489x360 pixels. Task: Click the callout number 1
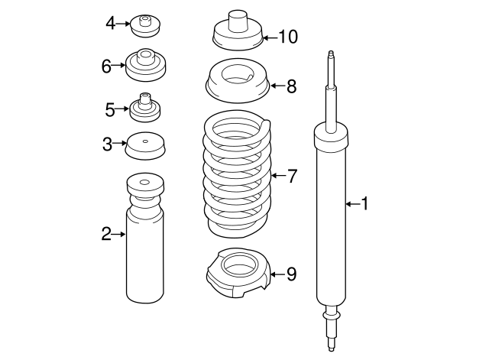(364, 203)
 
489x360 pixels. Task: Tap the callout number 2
(107, 234)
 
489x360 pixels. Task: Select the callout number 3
(108, 142)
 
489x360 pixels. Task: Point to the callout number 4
(110, 24)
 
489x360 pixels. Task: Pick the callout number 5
(110, 110)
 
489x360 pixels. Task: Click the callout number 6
(107, 66)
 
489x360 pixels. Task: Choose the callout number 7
(291, 177)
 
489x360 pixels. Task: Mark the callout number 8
(291, 86)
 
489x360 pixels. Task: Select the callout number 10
(287, 36)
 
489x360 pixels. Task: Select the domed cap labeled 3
(145, 145)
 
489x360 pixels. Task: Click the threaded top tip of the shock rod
(331, 58)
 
